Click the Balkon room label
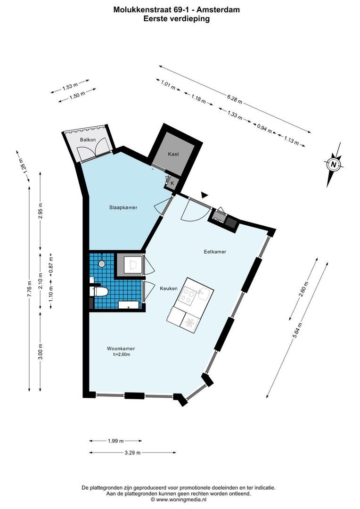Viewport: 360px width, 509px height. [88, 140]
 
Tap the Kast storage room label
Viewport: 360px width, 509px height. [173, 154]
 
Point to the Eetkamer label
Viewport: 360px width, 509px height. [215, 252]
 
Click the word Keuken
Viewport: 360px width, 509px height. [168, 288]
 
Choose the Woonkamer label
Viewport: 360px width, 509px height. [118, 349]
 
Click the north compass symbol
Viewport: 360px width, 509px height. [334, 164]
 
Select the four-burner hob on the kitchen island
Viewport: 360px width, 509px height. [189, 296]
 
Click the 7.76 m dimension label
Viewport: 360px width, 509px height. [29, 288]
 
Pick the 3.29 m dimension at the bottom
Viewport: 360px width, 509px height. [132, 452]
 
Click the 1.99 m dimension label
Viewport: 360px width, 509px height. [115, 441]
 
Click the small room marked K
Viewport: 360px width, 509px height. [172, 182]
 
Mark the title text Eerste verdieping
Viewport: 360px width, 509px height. [176, 19]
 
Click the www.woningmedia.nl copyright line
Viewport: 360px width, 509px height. [179, 499]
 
